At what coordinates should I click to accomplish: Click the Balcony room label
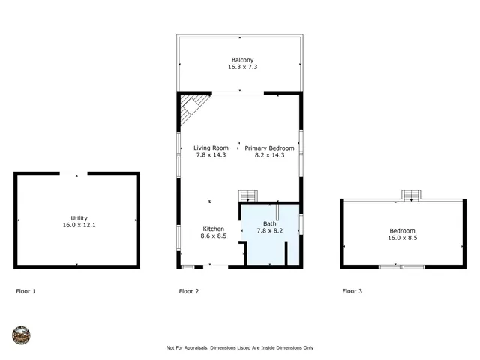pyautogui.click(x=241, y=59)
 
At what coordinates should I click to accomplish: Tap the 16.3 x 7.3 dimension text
pyautogui.click(x=241, y=67)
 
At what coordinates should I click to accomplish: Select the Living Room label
pyautogui.click(x=211, y=148)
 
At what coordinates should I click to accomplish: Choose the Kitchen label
pyautogui.click(x=213, y=229)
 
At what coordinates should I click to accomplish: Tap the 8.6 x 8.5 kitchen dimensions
pyautogui.click(x=213, y=235)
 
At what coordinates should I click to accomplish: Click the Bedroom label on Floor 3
pyautogui.click(x=401, y=231)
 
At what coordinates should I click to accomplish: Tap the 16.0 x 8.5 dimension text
pyautogui.click(x=401, y=238)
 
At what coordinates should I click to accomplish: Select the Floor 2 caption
pyautogui.click(x=188, y=290)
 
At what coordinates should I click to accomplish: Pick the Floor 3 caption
pyautogui.click(x=352, y=290)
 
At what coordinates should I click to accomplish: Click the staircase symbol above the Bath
pyautogui.click(x=247, y=196)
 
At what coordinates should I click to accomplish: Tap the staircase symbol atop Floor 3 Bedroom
pyautogui.click(x=411, y=196)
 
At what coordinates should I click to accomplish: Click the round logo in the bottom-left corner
pyautogui.click(x=22, y=334)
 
